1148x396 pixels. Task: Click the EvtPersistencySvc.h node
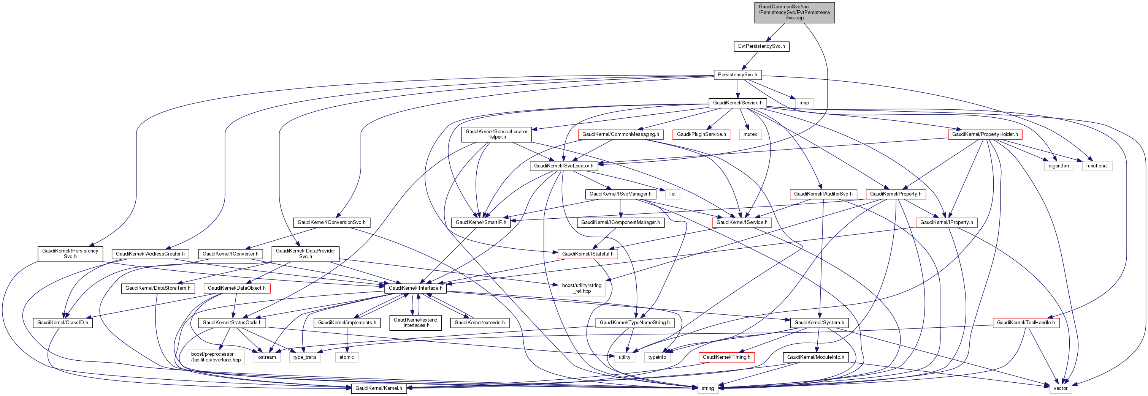[761, 46]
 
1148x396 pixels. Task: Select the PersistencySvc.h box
[737, 75]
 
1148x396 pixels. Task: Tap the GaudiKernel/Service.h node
[737, 103]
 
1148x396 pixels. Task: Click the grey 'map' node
[804, 103]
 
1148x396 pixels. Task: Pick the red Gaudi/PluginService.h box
[701, 134]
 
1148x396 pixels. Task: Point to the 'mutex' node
[750, 134]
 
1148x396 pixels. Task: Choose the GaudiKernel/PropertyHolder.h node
[985, 134]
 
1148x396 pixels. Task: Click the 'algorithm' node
[1058, 166]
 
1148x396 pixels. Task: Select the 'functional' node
[1097, 166]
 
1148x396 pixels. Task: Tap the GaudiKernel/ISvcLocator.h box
[563, 166]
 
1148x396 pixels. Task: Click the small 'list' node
[672, 194]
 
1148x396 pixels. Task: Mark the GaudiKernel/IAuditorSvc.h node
[823, 194]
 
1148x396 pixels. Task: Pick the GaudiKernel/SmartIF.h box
[481, 222]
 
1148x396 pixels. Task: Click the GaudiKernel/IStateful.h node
[587, 254]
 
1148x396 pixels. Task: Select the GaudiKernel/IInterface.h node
[415, 288]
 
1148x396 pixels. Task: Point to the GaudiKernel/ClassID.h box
[62, 323]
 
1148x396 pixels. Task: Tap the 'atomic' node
[347, 357]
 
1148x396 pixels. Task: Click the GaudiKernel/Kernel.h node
[378, 388]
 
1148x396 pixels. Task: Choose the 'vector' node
[1060, 388]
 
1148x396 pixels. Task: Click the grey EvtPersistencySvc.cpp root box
[794, 13]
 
